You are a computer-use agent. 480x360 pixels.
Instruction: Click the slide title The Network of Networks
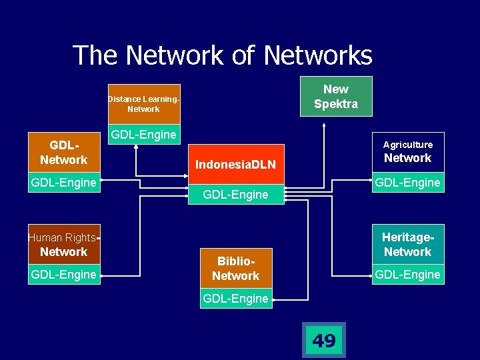(222, 55)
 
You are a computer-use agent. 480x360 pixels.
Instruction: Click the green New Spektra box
(335, 96)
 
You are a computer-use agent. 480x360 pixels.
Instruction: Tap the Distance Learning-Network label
(143, 104)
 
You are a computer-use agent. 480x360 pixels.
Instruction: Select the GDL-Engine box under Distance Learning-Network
(143, 135)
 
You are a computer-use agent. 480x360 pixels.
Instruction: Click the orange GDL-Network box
(63, 153)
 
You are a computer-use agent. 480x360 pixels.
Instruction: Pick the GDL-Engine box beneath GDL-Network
(63, 182)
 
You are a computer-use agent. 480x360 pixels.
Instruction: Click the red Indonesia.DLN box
(235, 164)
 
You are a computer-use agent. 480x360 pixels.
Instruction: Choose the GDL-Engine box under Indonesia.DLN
(235, 195)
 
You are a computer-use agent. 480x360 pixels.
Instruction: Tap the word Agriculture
(407, 145)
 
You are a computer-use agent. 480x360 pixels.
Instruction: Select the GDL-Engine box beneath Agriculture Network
(407, 182)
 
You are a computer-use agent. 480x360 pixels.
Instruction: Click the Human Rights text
(62, 237)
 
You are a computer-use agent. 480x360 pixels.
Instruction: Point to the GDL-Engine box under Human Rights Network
(63, 274)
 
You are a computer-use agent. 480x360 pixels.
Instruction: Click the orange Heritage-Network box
(407, 244)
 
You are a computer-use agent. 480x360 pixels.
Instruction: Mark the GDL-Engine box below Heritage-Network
(407, 274)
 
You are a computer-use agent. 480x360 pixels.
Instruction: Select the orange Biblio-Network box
(235, 268)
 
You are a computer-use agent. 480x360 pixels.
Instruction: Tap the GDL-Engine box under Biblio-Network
(235, 299)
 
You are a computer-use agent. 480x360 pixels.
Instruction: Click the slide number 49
(324, 341)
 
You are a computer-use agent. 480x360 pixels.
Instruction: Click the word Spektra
(335, 104)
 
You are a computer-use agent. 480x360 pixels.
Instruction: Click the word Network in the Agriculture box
(407, 158)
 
